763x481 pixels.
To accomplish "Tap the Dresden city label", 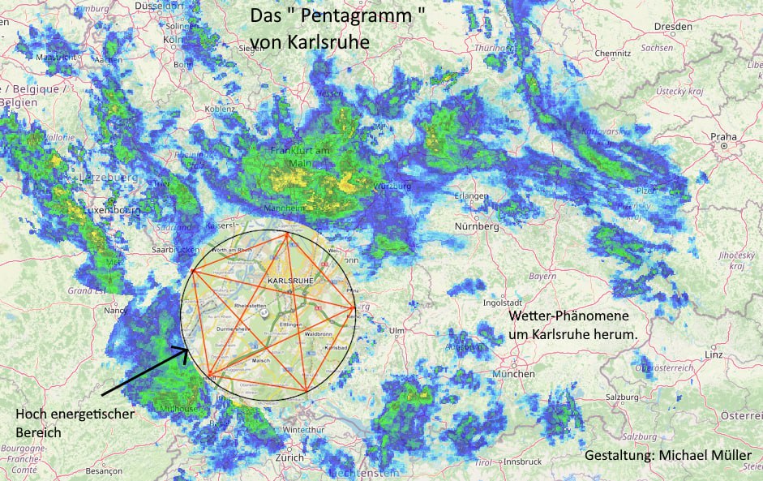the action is (x=675, y=26).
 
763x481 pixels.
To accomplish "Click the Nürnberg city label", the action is (x=477, y=226).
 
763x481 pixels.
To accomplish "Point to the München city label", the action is (x=512, y=374).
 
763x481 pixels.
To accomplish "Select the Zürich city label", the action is (x=289, y=457).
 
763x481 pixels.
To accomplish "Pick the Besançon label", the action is (x=103, y=470).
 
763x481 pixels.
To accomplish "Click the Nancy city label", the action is (x=115, y=310).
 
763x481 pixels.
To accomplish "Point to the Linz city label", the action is (x=714, y=355).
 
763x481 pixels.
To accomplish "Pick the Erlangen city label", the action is (x=471, y=195).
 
